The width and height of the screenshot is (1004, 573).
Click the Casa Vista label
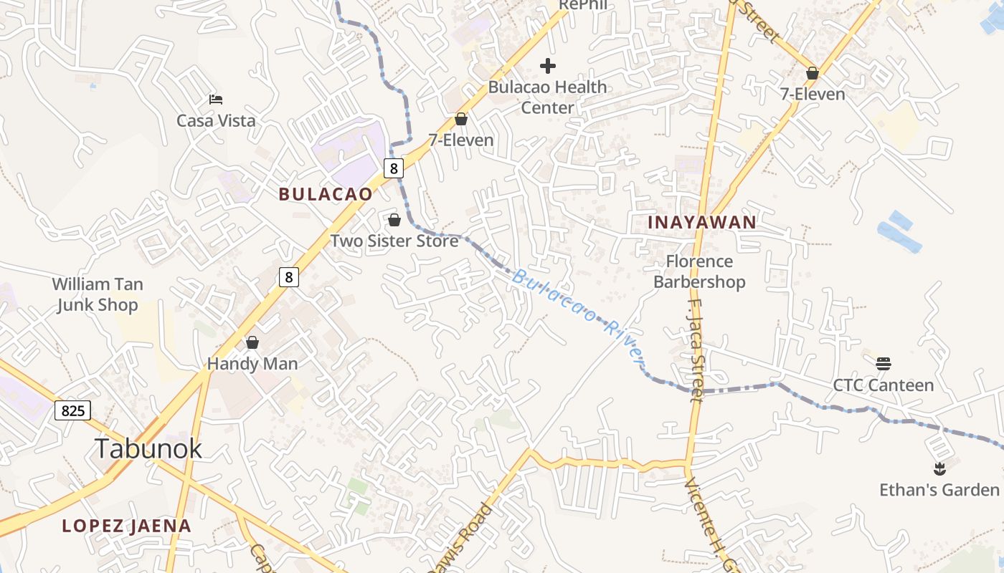coord(216,120)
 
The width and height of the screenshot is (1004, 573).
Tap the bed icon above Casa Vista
coord(216,99)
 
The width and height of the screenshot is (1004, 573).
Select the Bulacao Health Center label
coord(547,97)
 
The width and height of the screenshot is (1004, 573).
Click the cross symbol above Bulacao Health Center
coord(548,67)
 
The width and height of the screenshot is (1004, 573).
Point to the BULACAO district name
coord(326,194)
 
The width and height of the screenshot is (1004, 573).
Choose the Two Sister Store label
coord(394,241)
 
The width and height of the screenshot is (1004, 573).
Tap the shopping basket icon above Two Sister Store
coord(394,220)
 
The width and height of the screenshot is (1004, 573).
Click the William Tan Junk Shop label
coord(98,294)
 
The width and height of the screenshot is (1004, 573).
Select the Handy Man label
coord(252,364)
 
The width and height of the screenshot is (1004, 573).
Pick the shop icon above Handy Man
coord(252,343)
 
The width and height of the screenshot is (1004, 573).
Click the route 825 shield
coord(72,410)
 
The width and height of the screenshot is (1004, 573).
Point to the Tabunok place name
coord(148,448)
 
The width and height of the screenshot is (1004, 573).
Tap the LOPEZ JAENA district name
coord(126,526)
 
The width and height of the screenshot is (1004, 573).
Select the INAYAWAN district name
coord(702,222)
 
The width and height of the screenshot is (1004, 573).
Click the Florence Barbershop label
coord(699,271)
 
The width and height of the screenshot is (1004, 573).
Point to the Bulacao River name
coord(577,314)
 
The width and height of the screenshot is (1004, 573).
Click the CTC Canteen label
coord(883,385)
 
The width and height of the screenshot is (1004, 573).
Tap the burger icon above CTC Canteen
coord(883,364)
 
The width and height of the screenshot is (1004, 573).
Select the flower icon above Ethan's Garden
coord(939,469)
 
